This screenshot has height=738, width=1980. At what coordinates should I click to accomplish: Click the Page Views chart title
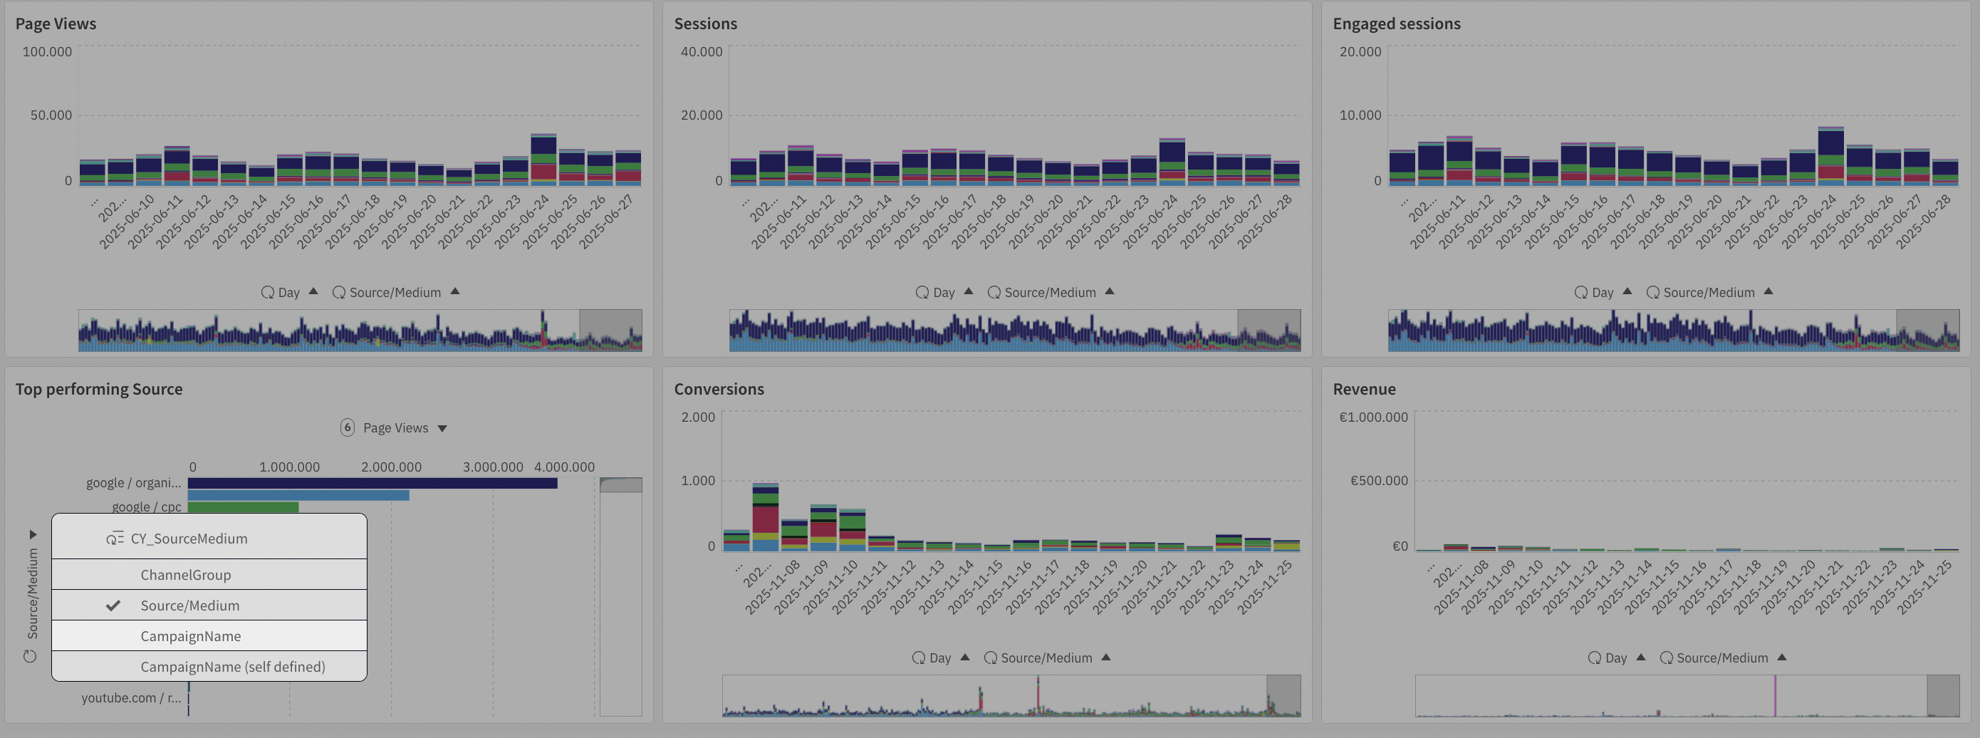56,24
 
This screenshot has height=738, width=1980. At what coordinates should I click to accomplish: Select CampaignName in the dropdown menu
191,635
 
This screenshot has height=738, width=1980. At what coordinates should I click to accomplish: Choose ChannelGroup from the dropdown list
185,575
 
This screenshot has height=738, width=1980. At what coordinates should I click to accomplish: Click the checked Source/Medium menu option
190,606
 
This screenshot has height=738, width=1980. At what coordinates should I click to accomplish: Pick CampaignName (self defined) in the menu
232,667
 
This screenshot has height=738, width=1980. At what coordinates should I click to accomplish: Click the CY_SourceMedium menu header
188,538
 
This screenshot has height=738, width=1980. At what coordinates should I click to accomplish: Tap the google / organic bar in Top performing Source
372,484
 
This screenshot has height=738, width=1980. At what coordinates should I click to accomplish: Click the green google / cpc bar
243,507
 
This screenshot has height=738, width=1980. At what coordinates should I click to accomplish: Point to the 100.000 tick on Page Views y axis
47,51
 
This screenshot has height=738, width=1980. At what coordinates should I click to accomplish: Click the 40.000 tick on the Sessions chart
701,51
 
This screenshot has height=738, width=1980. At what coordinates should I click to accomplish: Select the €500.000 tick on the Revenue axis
1379,480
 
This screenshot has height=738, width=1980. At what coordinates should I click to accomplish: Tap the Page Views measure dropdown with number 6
395,427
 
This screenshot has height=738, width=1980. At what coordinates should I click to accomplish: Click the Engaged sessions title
1396,24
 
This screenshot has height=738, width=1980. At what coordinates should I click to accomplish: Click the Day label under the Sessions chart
943,292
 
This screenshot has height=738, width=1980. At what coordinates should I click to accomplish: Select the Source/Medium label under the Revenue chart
1721,658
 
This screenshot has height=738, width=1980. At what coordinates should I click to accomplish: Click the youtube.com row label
130,698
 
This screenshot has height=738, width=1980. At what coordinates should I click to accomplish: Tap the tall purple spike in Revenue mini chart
1775,695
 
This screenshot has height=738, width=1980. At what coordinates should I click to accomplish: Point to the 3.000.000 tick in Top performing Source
493,467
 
